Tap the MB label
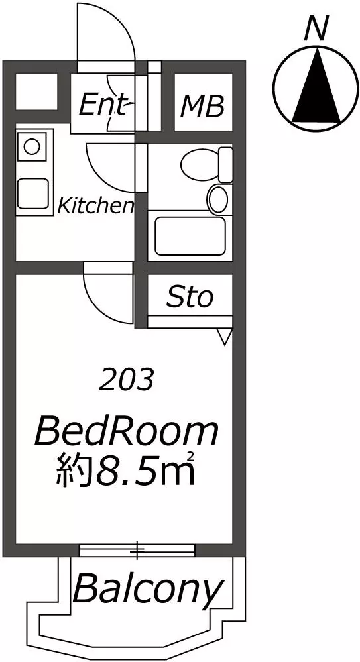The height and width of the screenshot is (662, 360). tap(202, 107)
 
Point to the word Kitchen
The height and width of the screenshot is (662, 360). tap(96, 206)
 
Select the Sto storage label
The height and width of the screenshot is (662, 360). tap(189, 298)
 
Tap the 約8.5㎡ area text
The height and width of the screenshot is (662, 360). tap(125, 469)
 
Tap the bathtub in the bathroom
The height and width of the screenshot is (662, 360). tap(190, 236)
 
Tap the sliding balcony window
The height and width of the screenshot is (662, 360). tap(137, 550)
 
